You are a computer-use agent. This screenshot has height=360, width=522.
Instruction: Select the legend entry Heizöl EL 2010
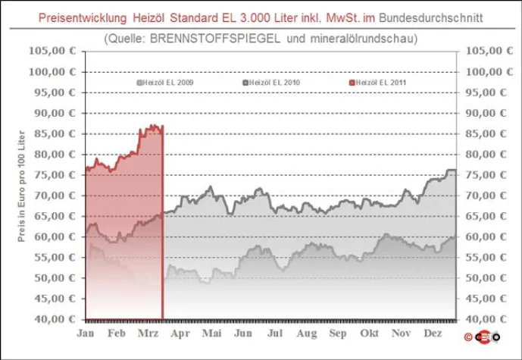click(270, 82)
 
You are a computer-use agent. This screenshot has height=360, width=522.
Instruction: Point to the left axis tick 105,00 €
click(53, 51)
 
